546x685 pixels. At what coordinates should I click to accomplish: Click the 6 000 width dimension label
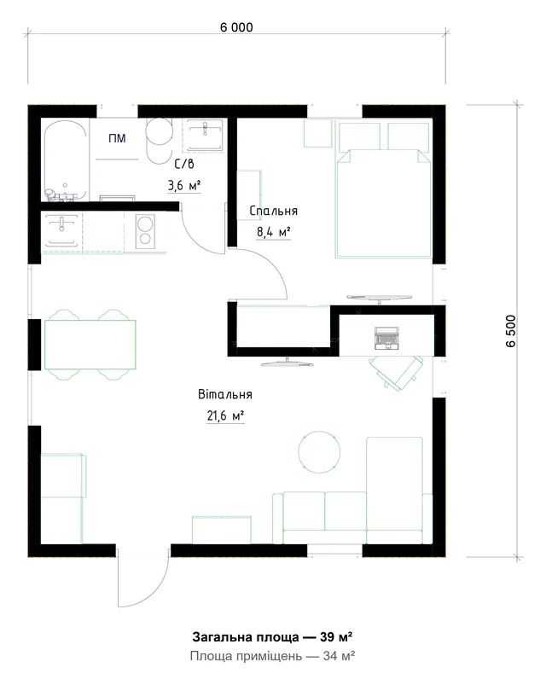[236, 27]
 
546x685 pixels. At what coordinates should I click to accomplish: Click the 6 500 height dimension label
[511, 331]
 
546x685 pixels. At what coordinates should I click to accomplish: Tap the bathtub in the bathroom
[66, 160]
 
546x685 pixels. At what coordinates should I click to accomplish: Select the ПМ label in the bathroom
[117, 138]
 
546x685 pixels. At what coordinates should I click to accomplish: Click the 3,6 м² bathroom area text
[184, 186]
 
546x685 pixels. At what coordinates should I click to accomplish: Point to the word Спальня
[274, 211]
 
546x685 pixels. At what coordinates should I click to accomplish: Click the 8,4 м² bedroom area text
[274, 231]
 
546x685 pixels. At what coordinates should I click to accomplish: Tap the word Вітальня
[225, 394]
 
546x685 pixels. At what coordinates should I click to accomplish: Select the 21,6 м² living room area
[225, 415]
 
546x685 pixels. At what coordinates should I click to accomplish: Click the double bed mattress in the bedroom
[384, 204]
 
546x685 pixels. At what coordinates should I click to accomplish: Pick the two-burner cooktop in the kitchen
[145, 230]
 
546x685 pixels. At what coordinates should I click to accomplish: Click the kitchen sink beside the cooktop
[61, 230]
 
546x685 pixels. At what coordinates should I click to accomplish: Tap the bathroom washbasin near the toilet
[205, 135]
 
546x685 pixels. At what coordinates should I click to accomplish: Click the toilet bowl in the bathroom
[159, 141]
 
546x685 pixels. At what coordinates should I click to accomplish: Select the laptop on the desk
[386, 338]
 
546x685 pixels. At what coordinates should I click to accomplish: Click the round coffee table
[319, 452]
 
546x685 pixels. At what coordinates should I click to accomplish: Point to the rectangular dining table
[90, 345]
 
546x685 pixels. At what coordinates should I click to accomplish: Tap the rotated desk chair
[396, 372]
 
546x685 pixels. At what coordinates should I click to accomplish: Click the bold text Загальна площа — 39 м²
[272, 637]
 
